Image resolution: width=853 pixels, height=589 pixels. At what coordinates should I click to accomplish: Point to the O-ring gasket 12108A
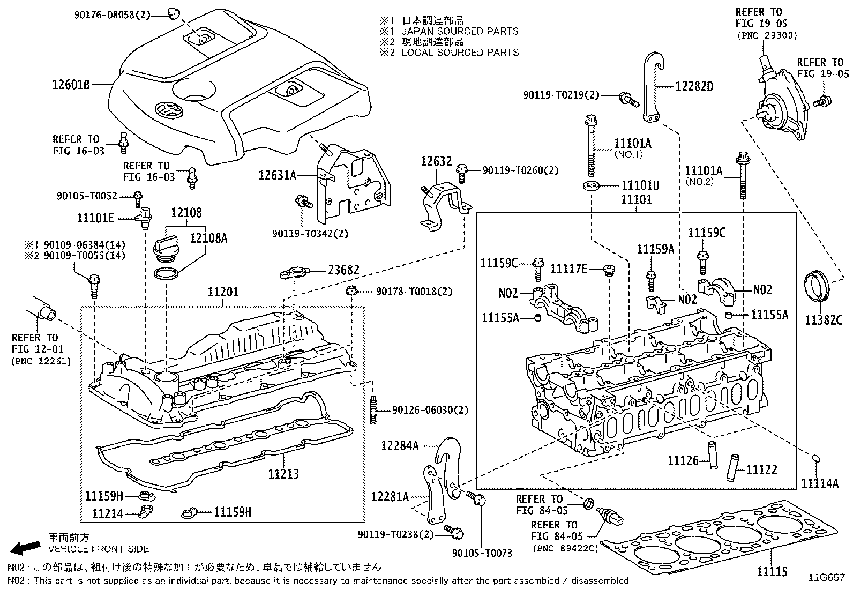166,274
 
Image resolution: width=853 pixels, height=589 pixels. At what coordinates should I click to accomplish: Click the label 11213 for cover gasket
283,474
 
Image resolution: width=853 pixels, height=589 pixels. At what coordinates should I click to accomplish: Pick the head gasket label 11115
772,572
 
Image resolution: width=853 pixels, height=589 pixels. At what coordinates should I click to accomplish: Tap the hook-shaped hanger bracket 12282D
652,86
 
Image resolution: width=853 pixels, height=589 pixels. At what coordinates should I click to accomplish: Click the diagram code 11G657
826,578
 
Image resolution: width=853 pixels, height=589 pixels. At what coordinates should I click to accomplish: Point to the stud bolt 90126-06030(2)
372,411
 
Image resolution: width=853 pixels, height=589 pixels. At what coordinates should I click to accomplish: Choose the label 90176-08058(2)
113,16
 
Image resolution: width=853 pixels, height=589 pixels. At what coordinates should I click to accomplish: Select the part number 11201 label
223,293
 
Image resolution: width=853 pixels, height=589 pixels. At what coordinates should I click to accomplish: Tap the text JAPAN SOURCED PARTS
460,31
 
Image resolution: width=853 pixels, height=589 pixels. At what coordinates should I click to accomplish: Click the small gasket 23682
294,274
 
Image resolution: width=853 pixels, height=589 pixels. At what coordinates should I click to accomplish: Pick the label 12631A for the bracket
277,175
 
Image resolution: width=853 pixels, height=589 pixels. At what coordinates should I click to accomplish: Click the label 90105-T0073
482,553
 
